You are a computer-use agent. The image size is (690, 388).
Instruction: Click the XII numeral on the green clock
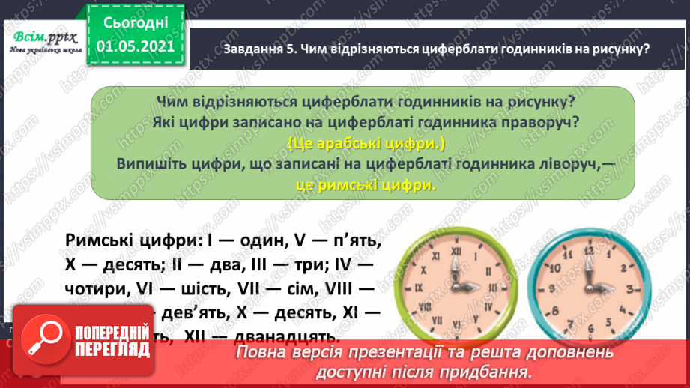[452, 252]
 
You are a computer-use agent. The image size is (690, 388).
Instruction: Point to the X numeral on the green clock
[423, 270]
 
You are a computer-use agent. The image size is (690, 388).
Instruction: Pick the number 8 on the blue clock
[554, 305]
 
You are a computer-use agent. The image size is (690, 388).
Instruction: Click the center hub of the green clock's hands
[452, 287]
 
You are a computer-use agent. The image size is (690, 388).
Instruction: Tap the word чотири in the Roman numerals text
[97, 288]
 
